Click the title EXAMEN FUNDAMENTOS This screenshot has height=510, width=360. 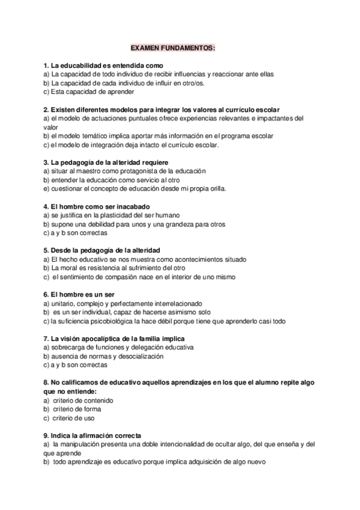[x=173, y=47]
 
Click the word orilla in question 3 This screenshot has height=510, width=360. [x=216, y=188]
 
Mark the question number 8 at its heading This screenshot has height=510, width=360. [x=46, y=382]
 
